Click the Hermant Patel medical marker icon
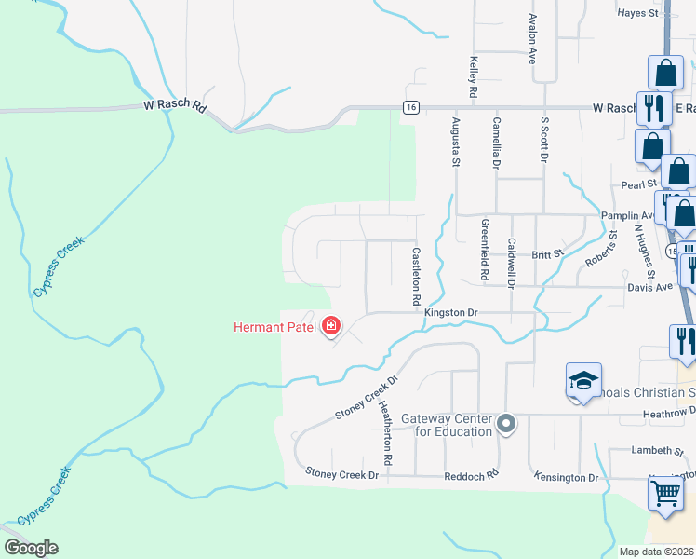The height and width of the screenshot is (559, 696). (330, 326)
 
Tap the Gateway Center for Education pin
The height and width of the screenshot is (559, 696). (506, 425)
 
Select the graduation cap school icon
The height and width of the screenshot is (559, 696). (582, 381)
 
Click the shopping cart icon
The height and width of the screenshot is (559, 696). (665, 493)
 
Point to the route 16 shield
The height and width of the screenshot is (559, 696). (410, 107)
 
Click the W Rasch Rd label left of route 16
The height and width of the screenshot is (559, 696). (174, 106)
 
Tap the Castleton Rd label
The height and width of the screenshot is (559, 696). (417, 278)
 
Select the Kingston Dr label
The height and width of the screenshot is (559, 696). (450, 313)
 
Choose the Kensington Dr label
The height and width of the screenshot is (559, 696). (566, 477)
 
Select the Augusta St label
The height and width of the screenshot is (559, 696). (456, 142)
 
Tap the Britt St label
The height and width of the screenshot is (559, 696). (547, 253)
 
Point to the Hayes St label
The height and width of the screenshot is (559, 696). (637, 13)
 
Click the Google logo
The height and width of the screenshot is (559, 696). (31, 548)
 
